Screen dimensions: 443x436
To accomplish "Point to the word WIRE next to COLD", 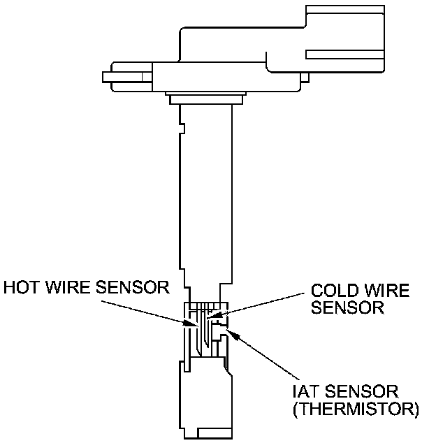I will (384, 290).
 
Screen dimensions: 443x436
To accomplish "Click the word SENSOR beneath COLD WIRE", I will (348, 307).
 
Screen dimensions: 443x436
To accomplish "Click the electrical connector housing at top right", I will (335, 42).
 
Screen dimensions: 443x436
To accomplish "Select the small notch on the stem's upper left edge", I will (181, 129).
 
